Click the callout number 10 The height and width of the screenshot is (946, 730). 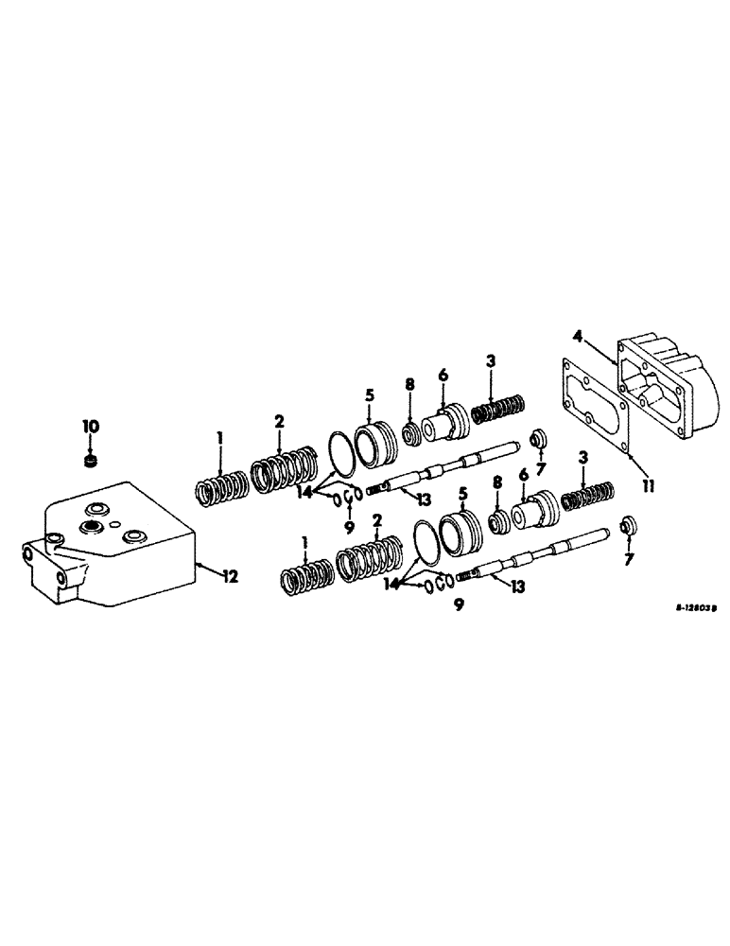click(x=89, y=428)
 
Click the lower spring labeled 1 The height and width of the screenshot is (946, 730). click(x=307, y=575)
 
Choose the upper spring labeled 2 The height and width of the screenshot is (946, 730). click(x=283, y=470)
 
